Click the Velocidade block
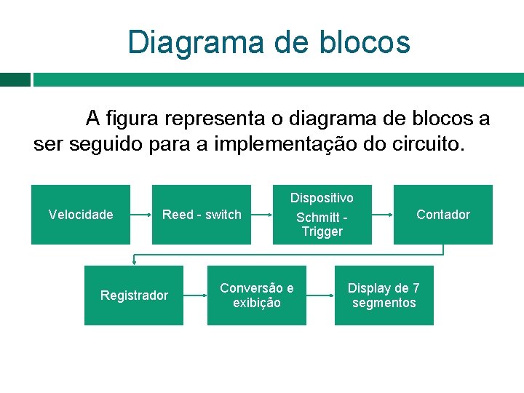(x=81, y=215)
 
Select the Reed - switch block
(x=202, y=215)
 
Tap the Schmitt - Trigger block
(x=322, y=218)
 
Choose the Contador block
(x=443, y=215)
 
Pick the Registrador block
(x=134, y=295)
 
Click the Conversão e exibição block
(x=257, y=295)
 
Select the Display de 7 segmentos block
(x=384, y=295)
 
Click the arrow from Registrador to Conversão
(x=195, y=295)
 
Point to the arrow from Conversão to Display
(x=320, y=295)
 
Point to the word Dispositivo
(x=322, y=198)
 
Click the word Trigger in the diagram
(x=322, y=232)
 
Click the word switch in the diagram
(x=223, y=215)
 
